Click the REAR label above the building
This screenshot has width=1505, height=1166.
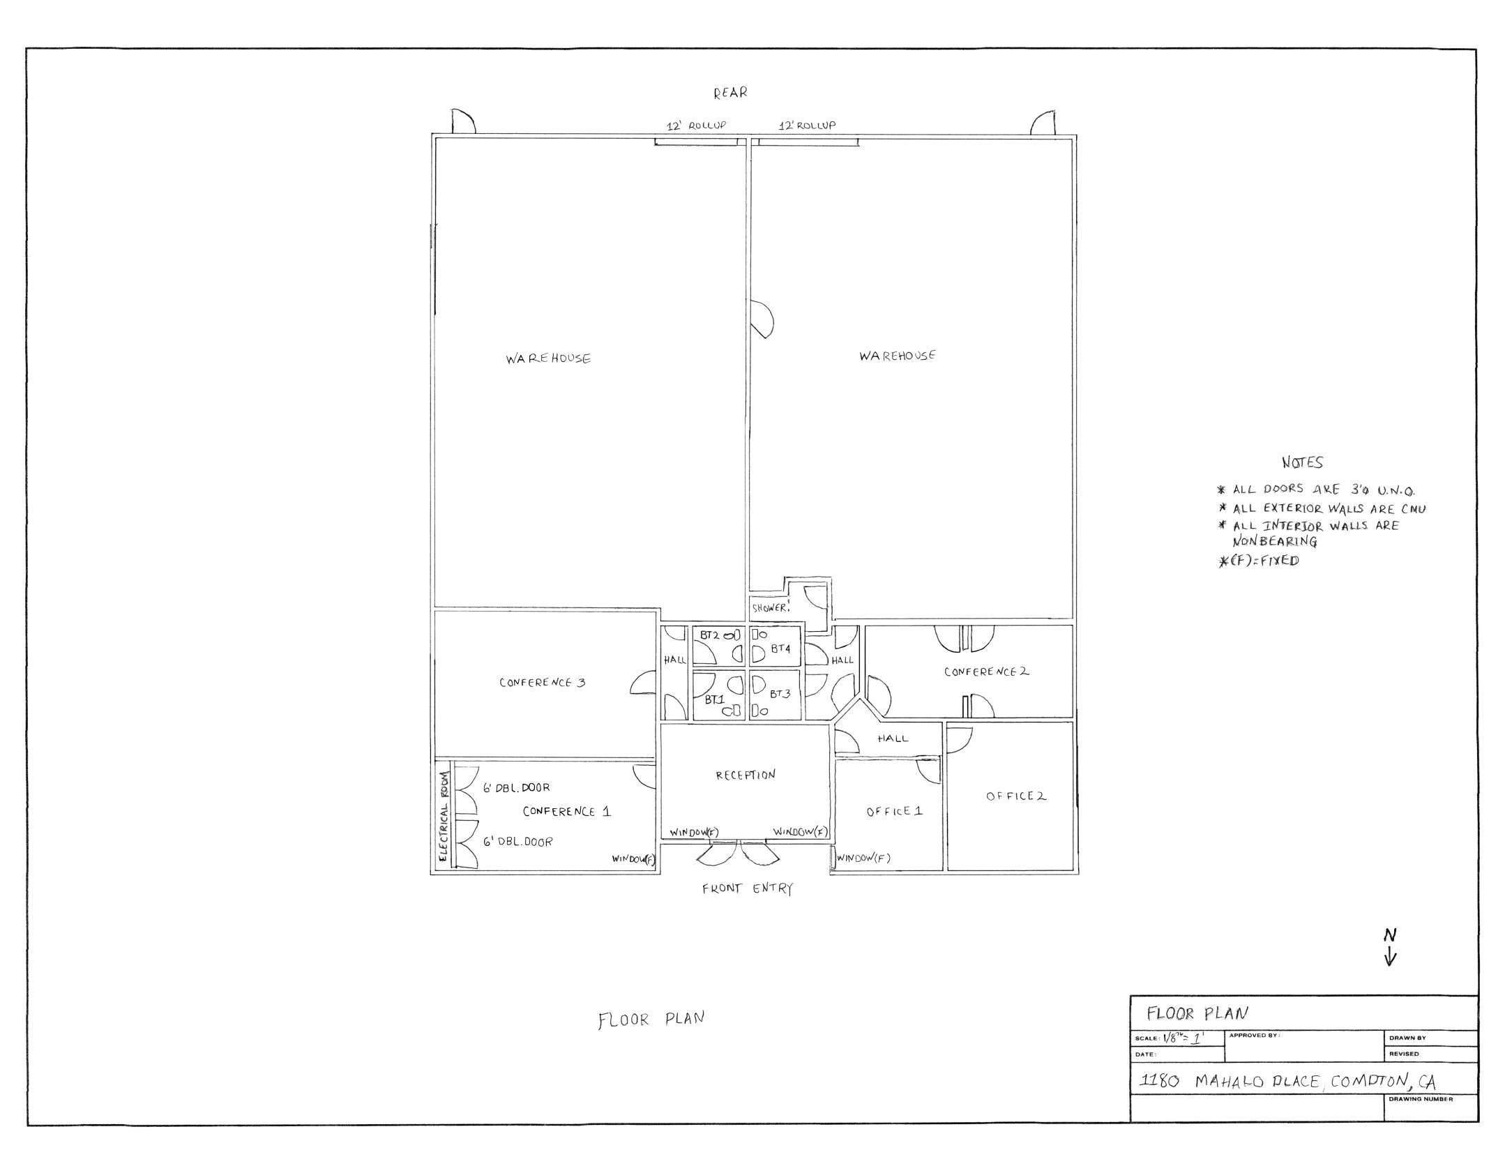tap(729, 92)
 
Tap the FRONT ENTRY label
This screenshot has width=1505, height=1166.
tap(747, 888)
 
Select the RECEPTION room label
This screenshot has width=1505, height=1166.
tap(745, 775)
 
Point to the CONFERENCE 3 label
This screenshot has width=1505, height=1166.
tap(542, 683)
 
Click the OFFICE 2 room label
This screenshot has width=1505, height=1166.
tap(1015, 796)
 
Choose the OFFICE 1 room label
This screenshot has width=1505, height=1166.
tap(894, 811)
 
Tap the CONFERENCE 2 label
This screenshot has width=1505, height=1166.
tap(986, 672)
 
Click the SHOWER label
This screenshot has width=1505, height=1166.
tap(770, 608)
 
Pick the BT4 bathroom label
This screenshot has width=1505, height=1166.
tap(780, 649)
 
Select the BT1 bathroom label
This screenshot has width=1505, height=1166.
tap(714, 699)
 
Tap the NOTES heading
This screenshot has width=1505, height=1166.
tap(1302, 462)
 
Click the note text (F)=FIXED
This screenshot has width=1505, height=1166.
tap(1259, 561)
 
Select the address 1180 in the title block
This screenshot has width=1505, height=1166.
tap(1158, 1081)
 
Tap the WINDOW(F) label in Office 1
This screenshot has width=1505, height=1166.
tap(863, 858)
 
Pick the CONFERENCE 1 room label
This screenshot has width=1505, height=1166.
tap(566, 811)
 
